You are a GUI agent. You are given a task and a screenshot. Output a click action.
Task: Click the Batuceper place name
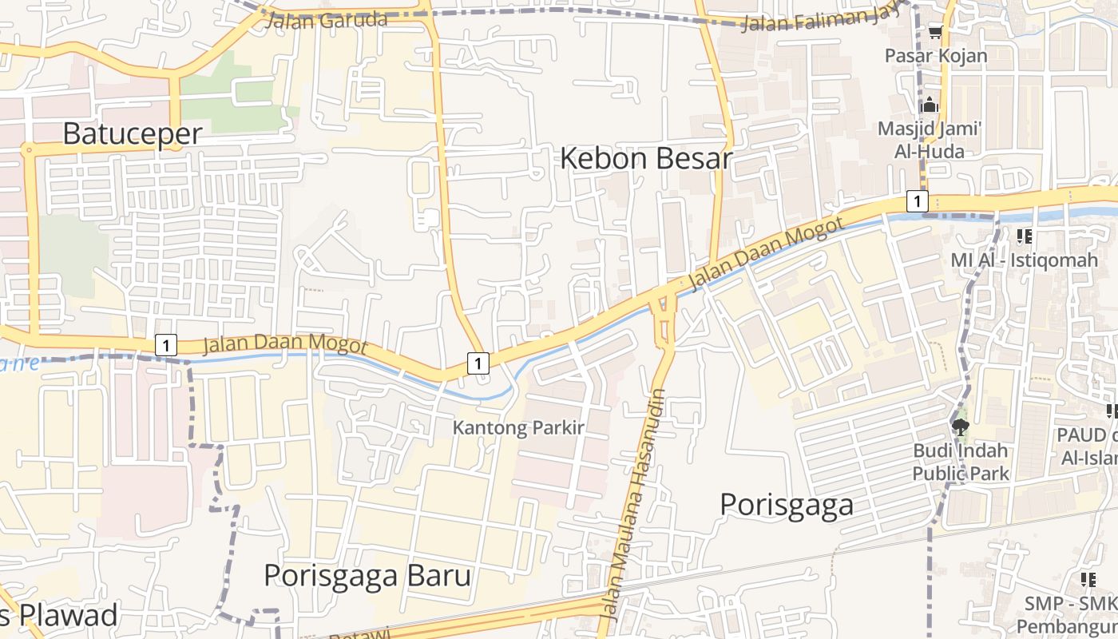coord(133,133)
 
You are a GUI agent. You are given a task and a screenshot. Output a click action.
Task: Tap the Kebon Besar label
coord(645,158)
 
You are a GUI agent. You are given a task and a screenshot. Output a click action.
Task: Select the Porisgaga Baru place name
coord(367,575)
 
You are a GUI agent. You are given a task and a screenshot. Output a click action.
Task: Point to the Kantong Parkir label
coord(519,427)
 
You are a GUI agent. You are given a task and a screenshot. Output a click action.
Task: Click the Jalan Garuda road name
coord(326,21)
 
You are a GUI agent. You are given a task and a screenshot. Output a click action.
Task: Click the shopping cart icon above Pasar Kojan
coord(935,33)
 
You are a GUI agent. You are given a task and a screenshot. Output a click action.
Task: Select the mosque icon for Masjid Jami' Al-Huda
coord(930,105)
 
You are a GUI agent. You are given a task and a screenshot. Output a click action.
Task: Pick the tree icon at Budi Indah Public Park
coord(961,427)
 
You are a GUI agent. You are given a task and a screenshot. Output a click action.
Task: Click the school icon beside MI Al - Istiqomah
coord(1024,236)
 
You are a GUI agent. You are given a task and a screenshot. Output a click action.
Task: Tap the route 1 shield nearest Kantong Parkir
coord(478,363)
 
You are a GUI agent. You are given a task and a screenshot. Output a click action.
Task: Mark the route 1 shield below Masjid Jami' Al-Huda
coord(918,201)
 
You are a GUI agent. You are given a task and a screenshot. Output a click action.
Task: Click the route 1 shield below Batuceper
coord(165,345)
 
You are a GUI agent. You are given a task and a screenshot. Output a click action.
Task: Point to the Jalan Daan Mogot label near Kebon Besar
coord(765,253)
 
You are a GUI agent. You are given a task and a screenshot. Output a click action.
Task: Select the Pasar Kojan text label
coord(936,56)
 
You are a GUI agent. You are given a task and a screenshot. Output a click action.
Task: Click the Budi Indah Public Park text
coord(961,462)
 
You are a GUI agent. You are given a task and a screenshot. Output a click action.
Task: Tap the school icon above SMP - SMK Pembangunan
coord(1088,579)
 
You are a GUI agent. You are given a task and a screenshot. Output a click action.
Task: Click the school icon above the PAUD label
coord(1111,411)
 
